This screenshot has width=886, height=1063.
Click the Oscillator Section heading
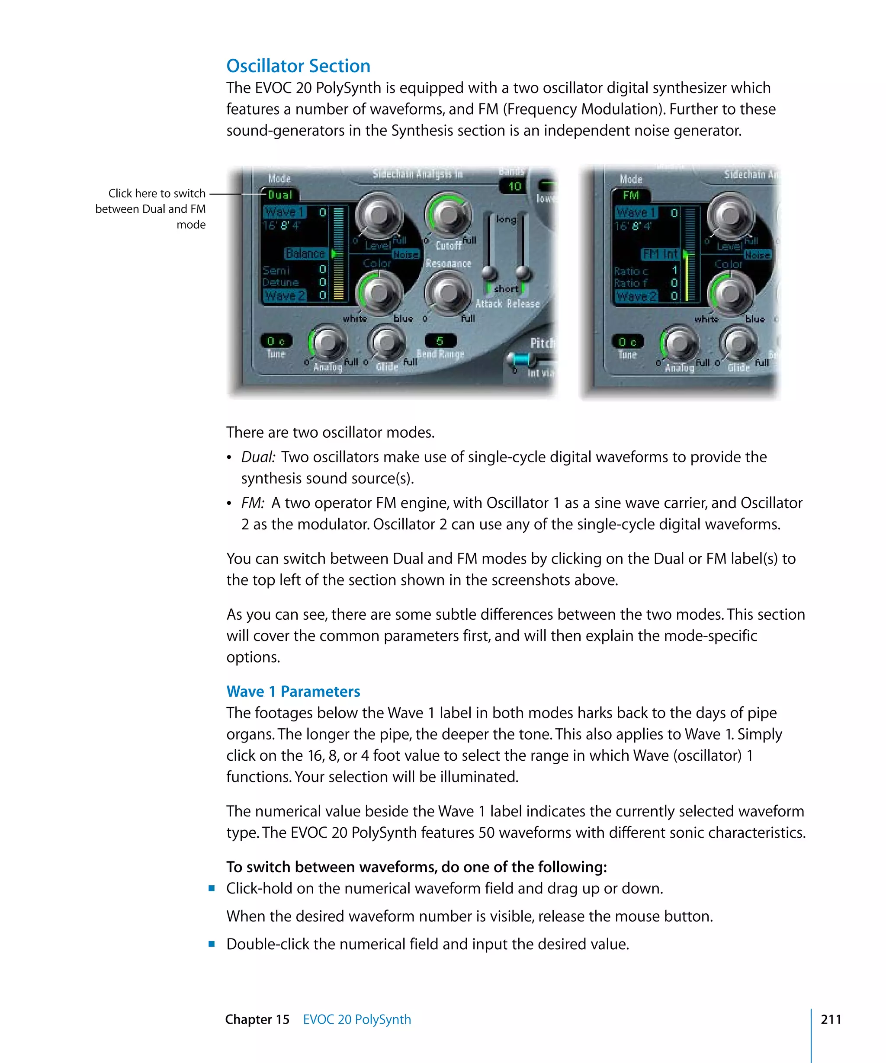298,66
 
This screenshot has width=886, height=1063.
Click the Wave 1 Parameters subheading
293,692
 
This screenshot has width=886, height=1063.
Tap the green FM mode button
630,195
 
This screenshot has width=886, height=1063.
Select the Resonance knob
448,293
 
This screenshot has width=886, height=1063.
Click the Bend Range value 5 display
440,341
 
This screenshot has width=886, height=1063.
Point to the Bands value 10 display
514,186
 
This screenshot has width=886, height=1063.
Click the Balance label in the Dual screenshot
305,253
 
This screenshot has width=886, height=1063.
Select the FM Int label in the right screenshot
660,253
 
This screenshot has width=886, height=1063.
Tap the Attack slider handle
489,273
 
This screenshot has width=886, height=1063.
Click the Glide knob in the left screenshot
387,342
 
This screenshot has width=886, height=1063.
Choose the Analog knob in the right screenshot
679,344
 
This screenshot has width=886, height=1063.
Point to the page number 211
831,1019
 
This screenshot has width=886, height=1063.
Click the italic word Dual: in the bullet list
258,457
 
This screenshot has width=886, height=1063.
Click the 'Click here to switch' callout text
157,193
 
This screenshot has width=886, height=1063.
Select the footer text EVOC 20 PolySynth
357,1019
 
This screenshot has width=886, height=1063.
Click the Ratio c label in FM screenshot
630,271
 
